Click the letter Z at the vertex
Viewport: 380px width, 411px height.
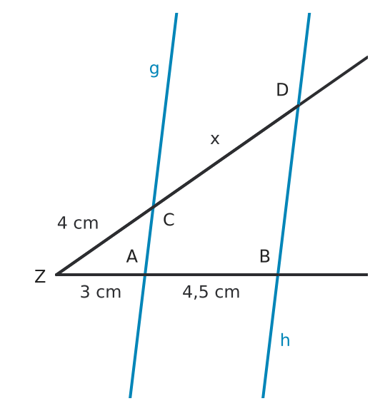coord(40,276)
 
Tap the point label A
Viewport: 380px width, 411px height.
coord(131,256)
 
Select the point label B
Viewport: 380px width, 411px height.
coord(264,256)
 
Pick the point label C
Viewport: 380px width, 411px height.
coord(169,220)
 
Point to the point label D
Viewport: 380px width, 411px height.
coord(282,90)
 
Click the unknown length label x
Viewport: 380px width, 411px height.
coord(215,139)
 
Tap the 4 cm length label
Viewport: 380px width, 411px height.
coord(78,223)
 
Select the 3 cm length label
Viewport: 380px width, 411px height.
coord(101,292)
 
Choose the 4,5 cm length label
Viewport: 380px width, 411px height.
coord(211,293)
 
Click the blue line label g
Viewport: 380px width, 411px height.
coord(154,70)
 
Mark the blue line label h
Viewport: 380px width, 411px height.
coord(285,340)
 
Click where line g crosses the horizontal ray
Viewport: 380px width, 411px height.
coord(145,275)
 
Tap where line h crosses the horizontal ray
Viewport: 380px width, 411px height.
coord(278,275)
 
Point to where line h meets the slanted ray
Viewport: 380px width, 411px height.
coord(298,106)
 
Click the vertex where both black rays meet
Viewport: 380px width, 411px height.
coord(56,275)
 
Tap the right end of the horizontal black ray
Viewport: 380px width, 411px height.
coord(367,275)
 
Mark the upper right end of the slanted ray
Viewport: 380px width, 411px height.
coord(367,57)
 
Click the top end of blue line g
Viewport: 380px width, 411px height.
coord(176,13)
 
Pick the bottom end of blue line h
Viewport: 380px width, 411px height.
coord(263,397)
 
